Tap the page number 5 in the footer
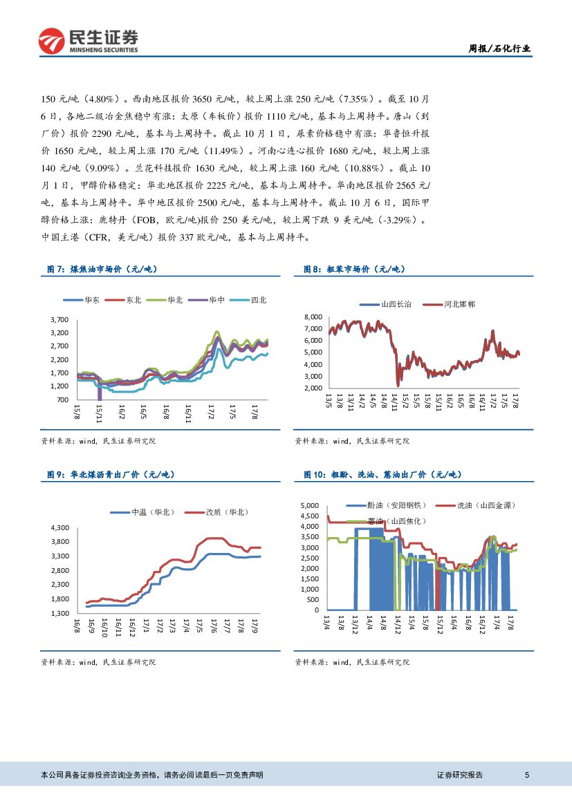[x=527, y=775]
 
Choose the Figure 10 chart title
[x=382, y=474]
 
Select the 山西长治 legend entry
[x=395, y=304]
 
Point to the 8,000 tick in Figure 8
[x=314, y=317]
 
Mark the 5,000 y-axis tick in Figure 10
[x=309, y=506]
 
